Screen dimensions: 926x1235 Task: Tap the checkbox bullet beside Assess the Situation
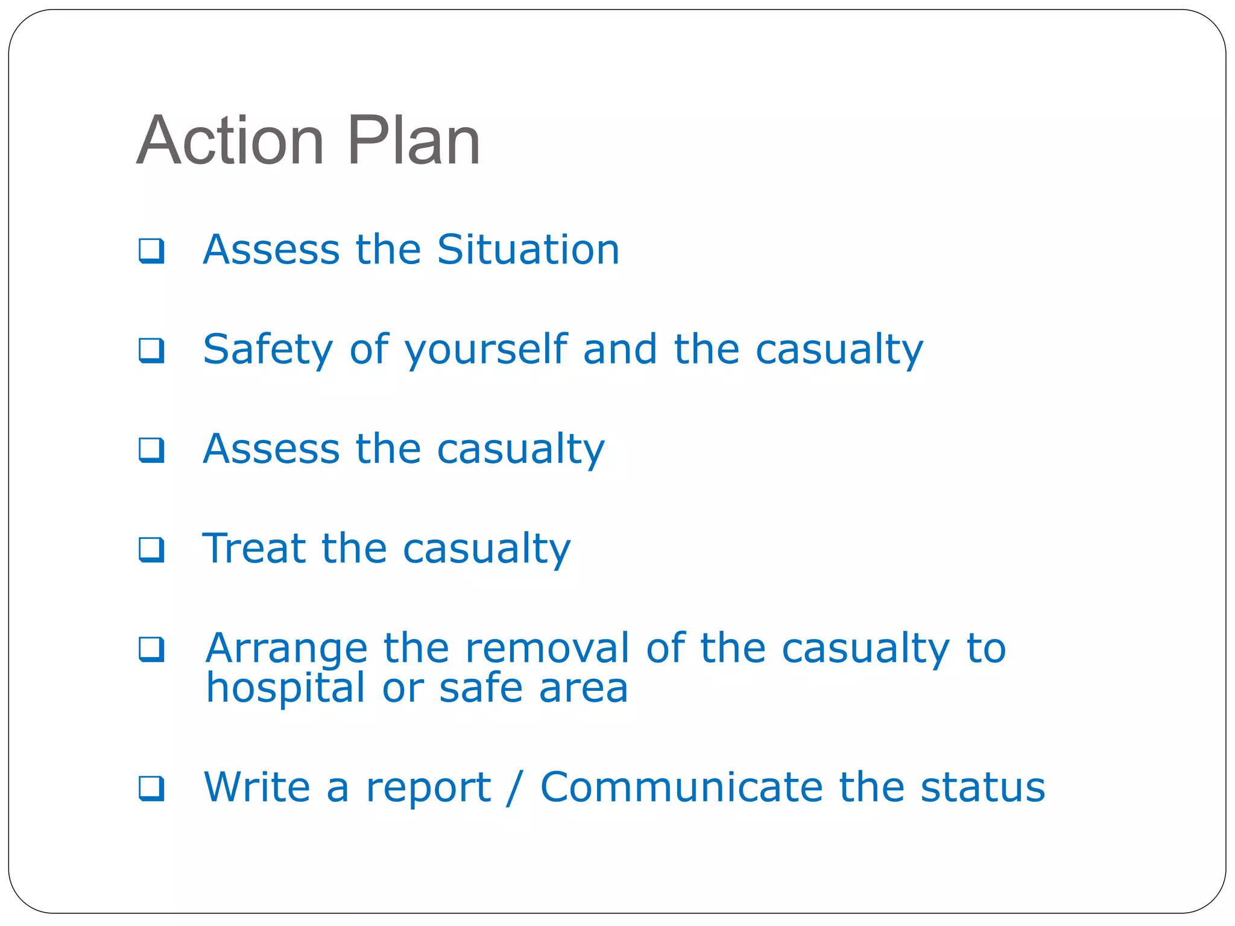click(x=151, y=251)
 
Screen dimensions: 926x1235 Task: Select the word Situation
click(x=528, y=250)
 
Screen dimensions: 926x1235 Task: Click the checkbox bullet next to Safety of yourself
click(x=151, y=350)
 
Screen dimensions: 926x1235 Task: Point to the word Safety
click(x=268, y=350)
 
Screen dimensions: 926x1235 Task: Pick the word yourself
click(x=486, y=350)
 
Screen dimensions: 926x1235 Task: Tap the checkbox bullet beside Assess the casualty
click(x=151, y=450)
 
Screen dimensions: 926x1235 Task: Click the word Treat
click(x=253, y=549)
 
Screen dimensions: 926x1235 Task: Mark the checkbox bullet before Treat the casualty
click(x=151, y=549)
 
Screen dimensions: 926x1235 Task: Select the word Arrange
click(x=286, y=649)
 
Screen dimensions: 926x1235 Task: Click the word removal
click(x=547, y=648)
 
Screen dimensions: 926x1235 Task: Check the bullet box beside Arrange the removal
click(x=151, y=649)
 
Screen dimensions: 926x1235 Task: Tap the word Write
click(x=257, y=787)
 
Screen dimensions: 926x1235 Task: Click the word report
click(x=428, y=789)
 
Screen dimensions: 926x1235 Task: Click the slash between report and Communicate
click(x=514, y=787)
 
